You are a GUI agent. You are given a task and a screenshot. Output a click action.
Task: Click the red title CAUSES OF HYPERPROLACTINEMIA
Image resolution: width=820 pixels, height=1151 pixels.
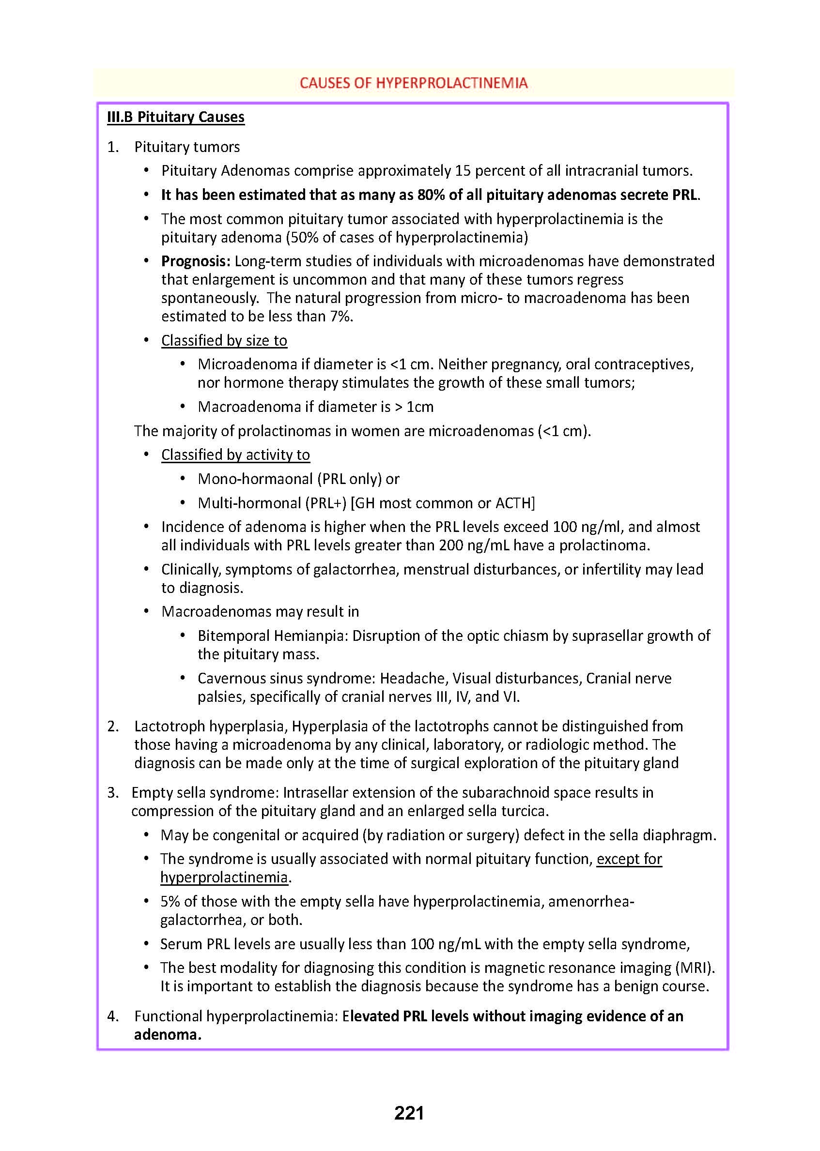tap(413, 83)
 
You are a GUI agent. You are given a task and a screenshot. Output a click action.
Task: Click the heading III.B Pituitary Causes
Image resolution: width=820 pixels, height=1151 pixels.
tap(176, 117)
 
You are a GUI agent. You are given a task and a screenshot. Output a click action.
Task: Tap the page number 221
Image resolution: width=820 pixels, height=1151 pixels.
tap(409, 1113)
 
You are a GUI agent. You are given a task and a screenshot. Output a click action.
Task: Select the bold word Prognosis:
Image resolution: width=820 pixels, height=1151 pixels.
tap(196, 261)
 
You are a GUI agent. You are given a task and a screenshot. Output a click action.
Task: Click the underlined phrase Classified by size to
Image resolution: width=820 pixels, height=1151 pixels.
tap(224, 341)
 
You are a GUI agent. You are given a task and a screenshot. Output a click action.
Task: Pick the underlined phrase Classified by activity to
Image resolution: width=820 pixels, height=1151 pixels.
tap(235, 454)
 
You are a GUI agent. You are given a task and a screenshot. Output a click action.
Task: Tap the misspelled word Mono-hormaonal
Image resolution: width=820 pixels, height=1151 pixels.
tap(255, 479)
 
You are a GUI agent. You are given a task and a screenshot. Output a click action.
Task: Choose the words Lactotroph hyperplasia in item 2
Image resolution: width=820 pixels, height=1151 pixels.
tap(211, 726)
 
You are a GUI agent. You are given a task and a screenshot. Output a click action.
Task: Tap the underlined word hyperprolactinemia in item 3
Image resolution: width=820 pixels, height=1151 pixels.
tap(224, 878)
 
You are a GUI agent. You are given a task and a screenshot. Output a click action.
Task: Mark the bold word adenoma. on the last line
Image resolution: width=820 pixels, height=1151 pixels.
tap(168, 1034)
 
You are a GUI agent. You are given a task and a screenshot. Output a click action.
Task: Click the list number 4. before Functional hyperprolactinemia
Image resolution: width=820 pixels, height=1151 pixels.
tap(113, 1016)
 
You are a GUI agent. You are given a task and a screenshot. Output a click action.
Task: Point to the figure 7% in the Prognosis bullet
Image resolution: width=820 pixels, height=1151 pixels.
tap(341, 317)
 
